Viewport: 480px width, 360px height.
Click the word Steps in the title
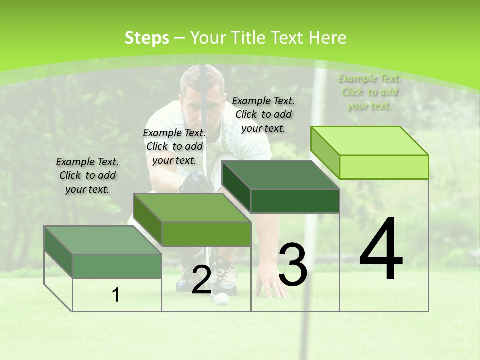147,38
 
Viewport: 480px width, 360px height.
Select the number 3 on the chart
293,265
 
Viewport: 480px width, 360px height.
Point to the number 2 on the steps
201,280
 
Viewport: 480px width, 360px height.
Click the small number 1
116,295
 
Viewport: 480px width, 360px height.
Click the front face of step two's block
206,234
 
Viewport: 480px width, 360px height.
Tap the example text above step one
87,175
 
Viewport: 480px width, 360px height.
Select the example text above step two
174,146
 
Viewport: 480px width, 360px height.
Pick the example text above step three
263,114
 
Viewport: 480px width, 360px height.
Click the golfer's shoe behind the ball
226,277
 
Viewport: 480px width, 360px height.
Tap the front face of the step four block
384,167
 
